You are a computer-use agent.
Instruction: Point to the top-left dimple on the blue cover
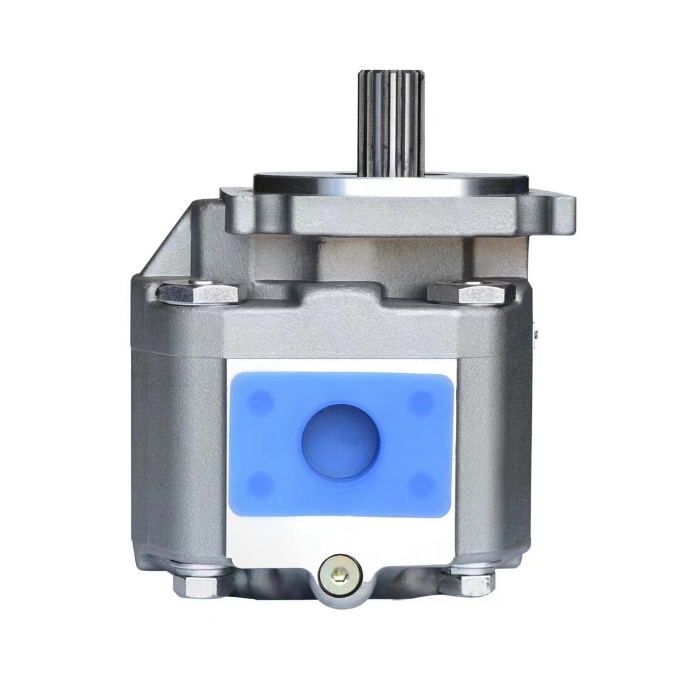click(260, 402)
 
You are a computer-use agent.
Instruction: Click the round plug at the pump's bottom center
click(340, 575)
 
